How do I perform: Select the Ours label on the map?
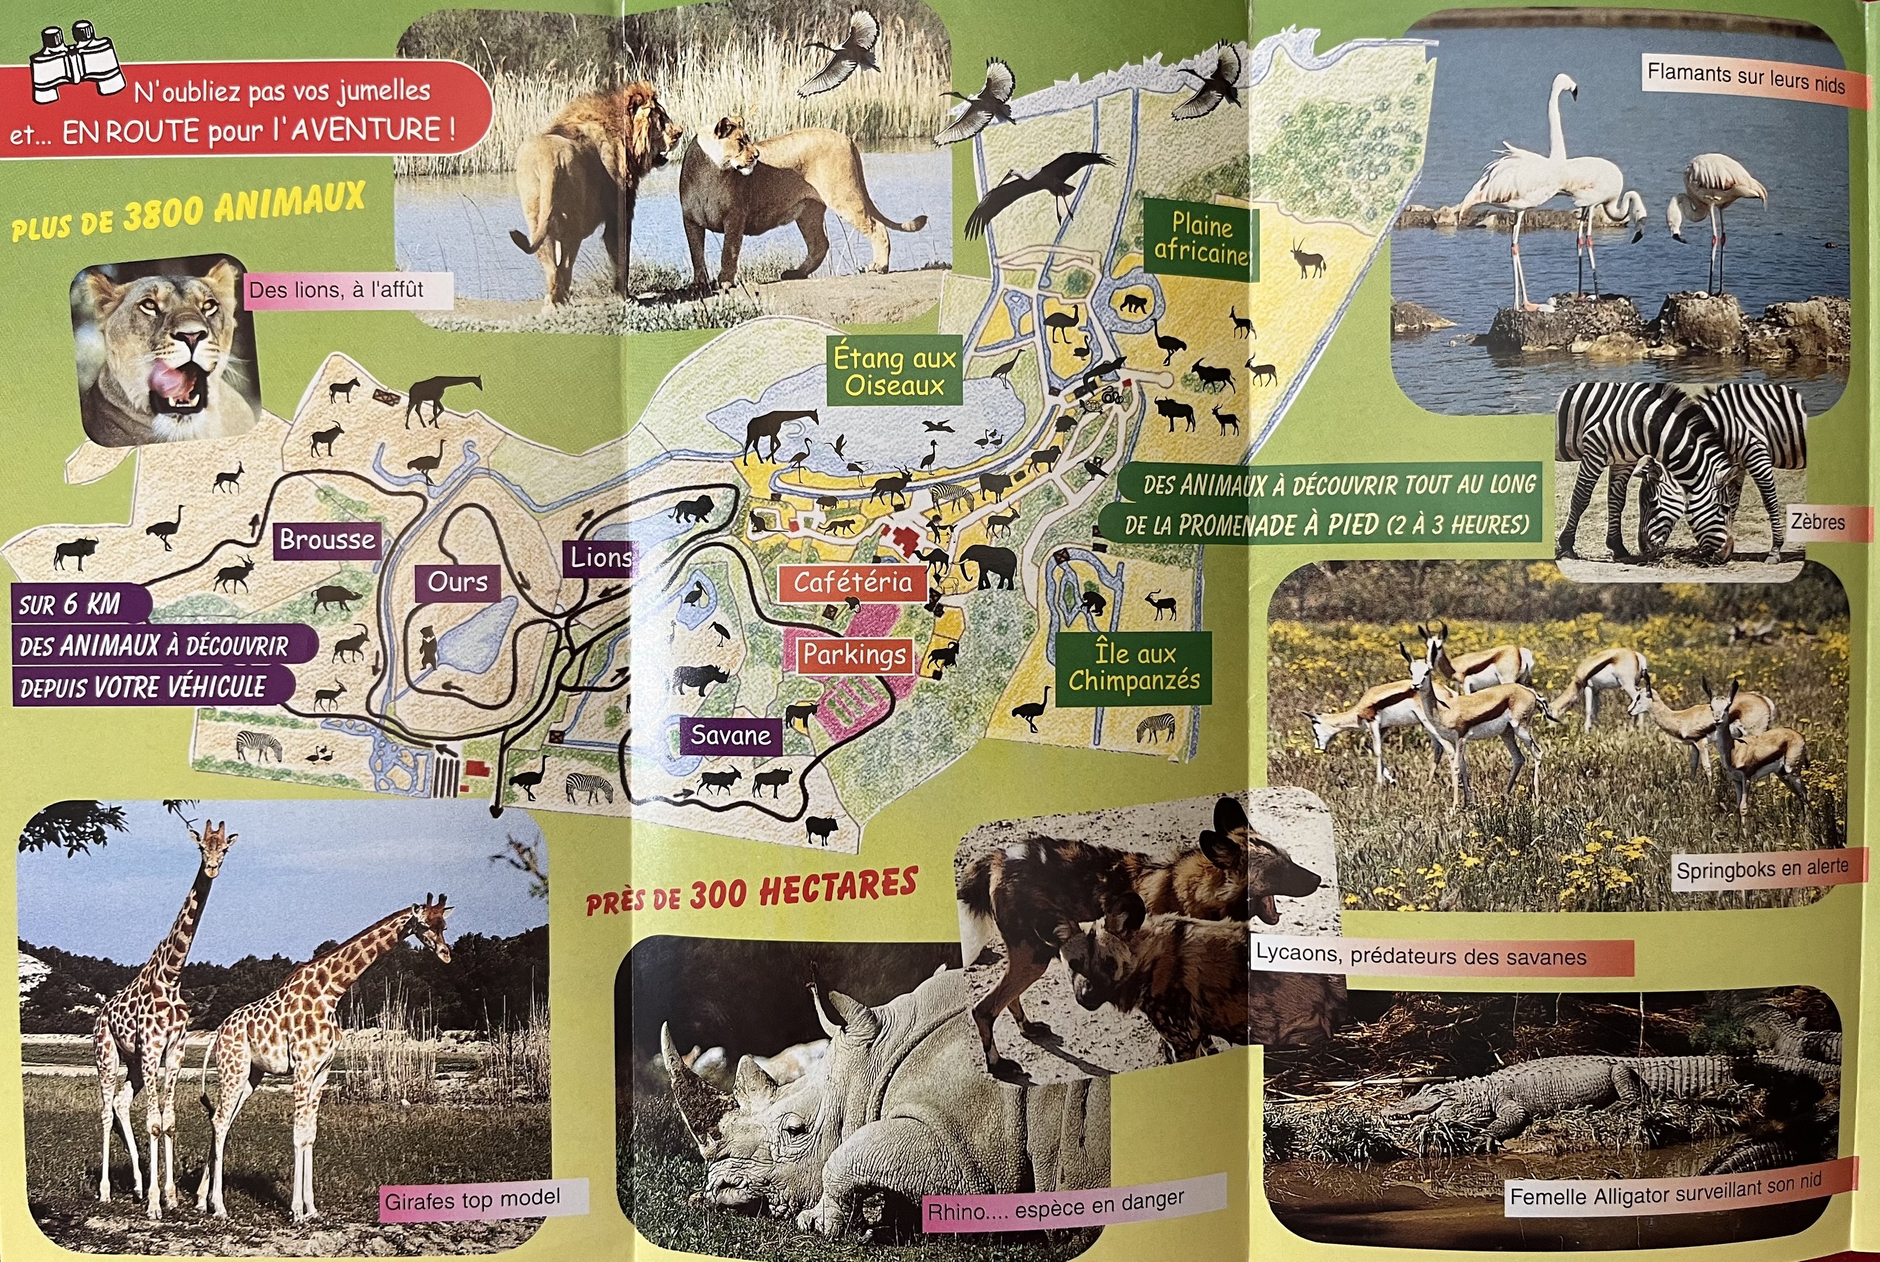tap(457, 582)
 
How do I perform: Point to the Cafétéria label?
tap(852, 582)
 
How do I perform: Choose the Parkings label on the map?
tap(854, 655)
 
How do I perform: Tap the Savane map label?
tap(730, 736)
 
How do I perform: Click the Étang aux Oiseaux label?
tap(894, 371)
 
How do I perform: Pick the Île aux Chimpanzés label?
tap(1133, 667)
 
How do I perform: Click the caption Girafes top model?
tap(473, 1200)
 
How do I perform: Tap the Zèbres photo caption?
tap(1817, 522)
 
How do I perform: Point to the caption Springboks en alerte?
tap(1761, 869)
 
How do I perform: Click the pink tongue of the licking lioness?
tap(172, 378)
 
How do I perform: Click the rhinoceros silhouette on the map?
tap(699, 679)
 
